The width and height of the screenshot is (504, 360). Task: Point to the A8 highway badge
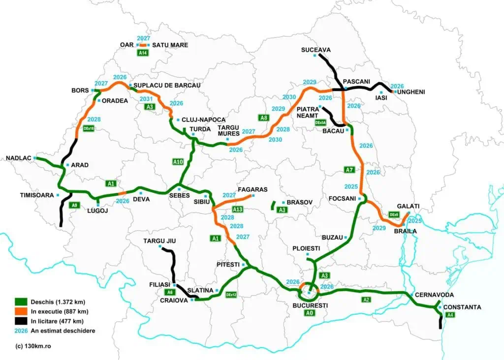[264, 118]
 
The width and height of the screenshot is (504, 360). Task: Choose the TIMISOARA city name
[37, 195]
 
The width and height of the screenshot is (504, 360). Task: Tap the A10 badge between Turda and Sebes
[178, 161]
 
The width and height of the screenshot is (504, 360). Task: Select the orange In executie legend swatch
[20, 311]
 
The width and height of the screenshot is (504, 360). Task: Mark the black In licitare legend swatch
[20, 321]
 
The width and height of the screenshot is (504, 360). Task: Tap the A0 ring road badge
[309, 313]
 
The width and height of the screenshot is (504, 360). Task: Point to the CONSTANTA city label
[462, 307]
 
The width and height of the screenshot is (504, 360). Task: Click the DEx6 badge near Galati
[394, 215]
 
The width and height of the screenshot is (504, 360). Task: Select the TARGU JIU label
[159, 241]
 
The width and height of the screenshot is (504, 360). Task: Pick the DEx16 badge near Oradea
[89, 128]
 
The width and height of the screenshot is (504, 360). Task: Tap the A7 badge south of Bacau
[348, 170]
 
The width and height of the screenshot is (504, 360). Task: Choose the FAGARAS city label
[252, 189]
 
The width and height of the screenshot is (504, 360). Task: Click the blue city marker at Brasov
[283, 203]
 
